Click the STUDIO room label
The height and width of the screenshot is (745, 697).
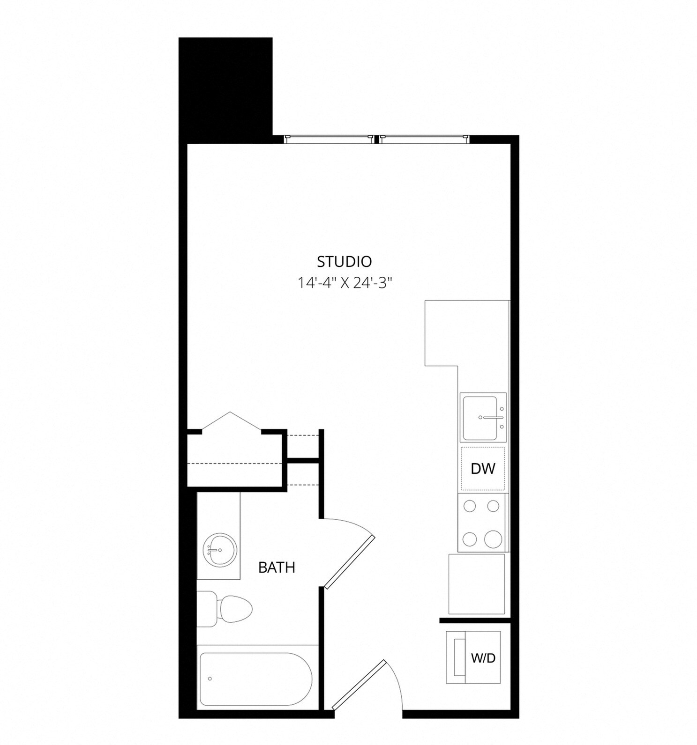[x=344, y=261]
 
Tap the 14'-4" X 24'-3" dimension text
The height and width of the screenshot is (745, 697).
[x=344, y=283]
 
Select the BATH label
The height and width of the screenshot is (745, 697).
[x=277, y=568]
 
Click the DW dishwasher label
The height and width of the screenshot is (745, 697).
[x=483, y=468]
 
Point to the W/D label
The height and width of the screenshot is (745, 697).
[x=483, y=658]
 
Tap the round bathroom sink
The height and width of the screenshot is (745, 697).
[x=219, y=550]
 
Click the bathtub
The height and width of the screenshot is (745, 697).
[x=255, y=679]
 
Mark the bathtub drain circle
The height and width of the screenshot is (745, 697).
[x=210, y=679]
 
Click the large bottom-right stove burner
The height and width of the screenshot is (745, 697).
[x=493, y=539]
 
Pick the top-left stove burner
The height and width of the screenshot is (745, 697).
[x=470, y=506]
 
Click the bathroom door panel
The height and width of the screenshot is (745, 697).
[x=350, y=562]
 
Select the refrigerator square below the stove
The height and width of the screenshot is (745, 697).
[x=477, y=584]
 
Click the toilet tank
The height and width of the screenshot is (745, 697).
[x=206, y=609]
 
